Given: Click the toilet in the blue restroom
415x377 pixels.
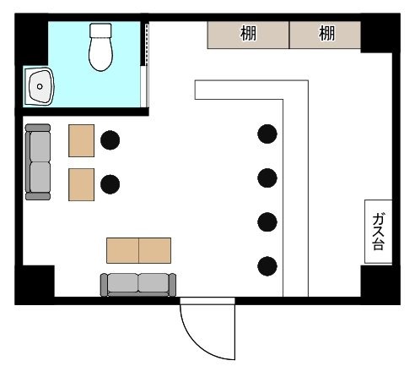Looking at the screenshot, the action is [100, 47].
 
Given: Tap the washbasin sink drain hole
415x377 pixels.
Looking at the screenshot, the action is [40, 86].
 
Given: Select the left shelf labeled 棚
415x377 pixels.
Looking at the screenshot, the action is [248, 35].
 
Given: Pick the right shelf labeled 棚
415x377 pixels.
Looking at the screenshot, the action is [326, 35].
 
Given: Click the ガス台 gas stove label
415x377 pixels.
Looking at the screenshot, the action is [379, 232].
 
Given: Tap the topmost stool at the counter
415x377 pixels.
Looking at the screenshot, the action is [267, 134].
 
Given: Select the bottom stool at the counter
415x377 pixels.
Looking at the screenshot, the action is [267, 266].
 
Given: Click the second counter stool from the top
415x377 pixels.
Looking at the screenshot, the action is [267, 178].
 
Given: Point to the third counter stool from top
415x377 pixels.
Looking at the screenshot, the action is [267, 222].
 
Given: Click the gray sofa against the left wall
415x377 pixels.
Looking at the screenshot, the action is [38, 162].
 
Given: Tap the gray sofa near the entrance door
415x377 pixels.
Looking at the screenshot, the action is [138, 285].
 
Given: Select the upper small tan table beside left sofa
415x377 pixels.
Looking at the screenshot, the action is [81, 140].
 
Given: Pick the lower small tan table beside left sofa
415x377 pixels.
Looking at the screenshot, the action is [81, 184].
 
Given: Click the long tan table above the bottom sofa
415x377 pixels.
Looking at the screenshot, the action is [138, 250].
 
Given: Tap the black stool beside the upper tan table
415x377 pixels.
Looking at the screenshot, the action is [110, 140].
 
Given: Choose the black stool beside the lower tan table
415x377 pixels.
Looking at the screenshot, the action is [110, 184].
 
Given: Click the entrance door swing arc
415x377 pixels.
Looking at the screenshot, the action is [197, 344].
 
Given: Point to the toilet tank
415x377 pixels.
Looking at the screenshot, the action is [100, 30].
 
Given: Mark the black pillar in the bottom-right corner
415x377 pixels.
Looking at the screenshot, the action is [380, 285].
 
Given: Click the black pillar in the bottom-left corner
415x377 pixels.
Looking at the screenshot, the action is [35, 285].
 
